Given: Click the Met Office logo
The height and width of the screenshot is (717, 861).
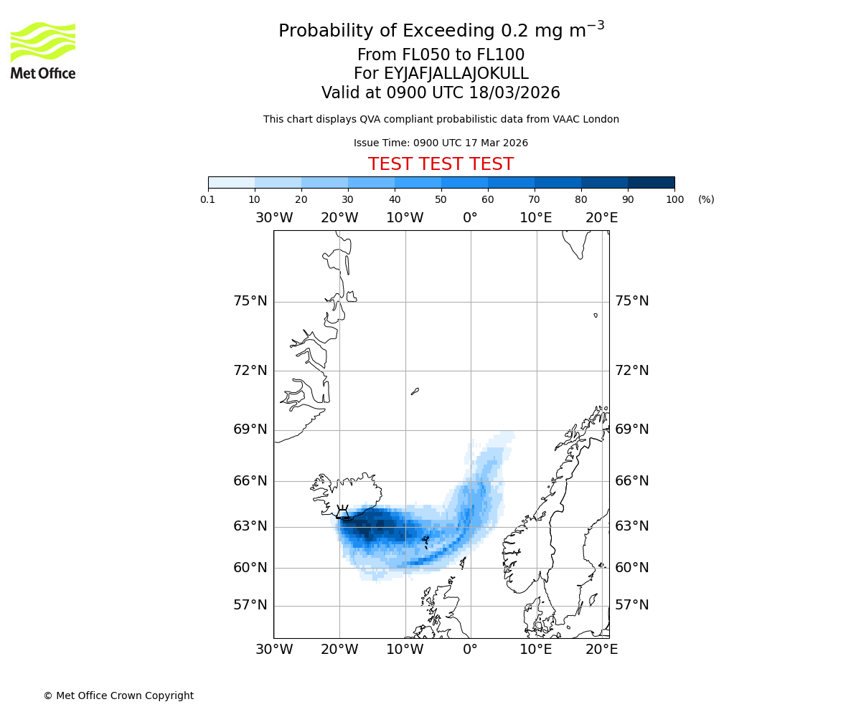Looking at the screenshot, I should tap(43, 50).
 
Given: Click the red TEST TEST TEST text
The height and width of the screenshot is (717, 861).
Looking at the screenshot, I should tap(441, 164).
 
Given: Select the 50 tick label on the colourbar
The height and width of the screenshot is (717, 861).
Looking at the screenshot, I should tap(441, 199).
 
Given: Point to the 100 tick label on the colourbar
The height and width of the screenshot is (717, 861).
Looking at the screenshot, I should tap(674, 199).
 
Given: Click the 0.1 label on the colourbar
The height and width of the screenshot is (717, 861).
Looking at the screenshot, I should tap(208, 199).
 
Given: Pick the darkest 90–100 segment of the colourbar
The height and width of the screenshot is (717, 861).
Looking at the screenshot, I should tap(651, 182).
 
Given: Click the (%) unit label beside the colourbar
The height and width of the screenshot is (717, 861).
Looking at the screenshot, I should tap(706, 199).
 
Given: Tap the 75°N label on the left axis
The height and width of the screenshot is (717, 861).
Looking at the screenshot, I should tap(250, 301).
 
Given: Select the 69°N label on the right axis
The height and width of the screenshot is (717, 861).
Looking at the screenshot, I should tap(632, 429).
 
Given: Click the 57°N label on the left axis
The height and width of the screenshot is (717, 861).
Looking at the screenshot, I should tap(250, 605).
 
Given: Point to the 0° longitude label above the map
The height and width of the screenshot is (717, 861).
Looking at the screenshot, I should tap(470, 218).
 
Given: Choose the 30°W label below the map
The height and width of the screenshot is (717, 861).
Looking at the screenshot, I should tap(273, 650).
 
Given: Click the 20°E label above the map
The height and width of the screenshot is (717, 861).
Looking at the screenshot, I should tap(601, 218).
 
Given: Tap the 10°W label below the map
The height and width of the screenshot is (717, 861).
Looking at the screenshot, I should tap(405, 650).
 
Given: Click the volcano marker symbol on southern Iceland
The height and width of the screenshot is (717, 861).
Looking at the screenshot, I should tap(343, 511).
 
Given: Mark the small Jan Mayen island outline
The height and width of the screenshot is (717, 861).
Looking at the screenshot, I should tap(415, 391).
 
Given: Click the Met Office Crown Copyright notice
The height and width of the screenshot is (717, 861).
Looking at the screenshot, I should tap(118, 695).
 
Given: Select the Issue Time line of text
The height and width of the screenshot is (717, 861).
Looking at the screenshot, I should tap(441, 143).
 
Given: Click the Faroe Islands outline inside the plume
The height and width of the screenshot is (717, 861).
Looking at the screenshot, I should tap(425, 540).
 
